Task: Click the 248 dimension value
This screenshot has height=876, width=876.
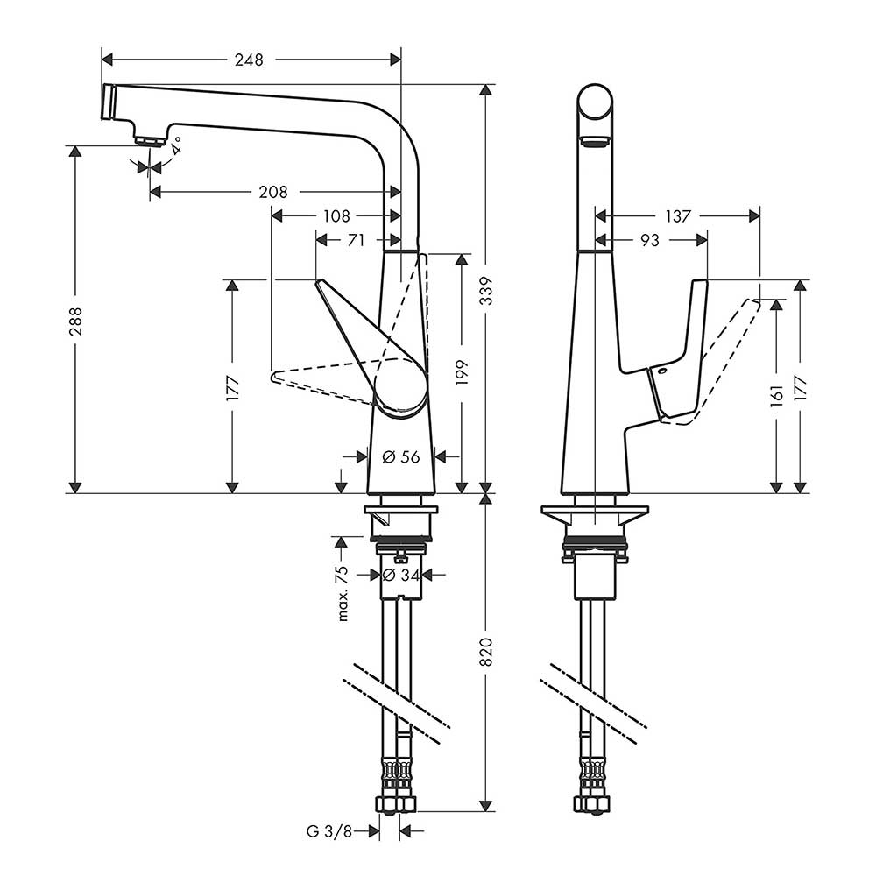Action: (248, 60)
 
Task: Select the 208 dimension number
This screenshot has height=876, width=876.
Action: (274, 192)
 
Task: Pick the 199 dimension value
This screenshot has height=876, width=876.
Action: (462, 372)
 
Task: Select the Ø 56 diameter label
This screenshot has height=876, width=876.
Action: (402, 456)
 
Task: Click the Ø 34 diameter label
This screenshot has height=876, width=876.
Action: (402, 575)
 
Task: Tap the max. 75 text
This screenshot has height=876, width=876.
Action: (343, 593)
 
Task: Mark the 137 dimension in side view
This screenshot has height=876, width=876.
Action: (677, 215)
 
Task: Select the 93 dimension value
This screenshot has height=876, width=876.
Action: (649, 240)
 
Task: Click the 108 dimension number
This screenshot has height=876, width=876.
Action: (336, 215)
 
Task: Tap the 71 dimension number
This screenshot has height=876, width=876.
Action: (355, 240)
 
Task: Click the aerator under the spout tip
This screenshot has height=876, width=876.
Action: (151, 138)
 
